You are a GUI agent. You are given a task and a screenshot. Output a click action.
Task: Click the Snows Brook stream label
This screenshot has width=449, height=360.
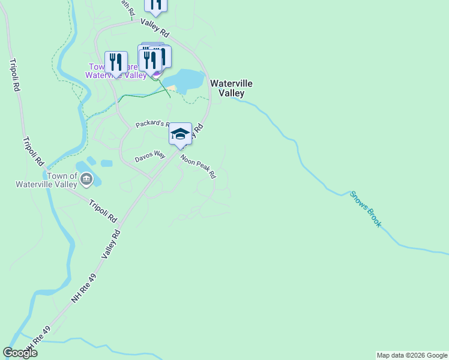[x=366, y=209]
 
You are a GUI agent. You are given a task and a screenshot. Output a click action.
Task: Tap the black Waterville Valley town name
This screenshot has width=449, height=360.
[x=231, y=88]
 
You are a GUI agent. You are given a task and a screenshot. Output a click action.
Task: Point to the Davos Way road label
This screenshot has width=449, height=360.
[x=149, y=157]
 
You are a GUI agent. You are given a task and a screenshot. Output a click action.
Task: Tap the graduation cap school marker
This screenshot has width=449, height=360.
[x=180, y=134]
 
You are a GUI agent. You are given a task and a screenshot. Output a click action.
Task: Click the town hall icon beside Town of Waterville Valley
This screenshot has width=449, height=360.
[x=86, y=178]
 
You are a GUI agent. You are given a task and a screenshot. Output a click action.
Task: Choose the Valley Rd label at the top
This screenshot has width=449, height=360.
[x=155, y=26]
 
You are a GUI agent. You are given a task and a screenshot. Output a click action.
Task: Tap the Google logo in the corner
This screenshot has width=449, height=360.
[x=20, y=353]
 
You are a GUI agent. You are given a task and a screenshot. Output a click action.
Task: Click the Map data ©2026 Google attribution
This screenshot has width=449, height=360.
[x=412, y=355]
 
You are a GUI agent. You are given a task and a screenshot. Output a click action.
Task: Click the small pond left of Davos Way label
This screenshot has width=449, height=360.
[x=106, y=163]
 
